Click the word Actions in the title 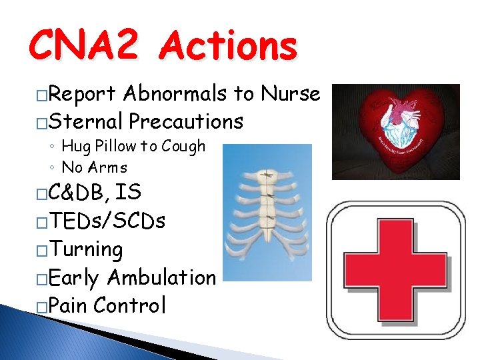click(230, 47)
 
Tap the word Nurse click(291, 94)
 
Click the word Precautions click(186, 121)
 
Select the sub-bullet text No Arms click(94, 167)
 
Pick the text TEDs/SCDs click(107, 221)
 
